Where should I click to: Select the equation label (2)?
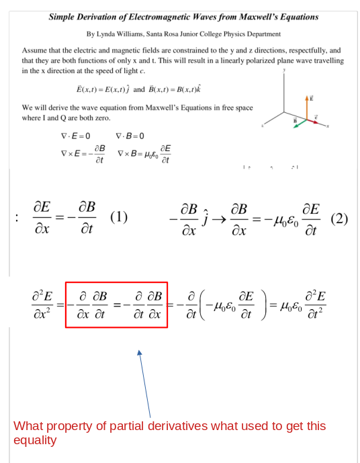click(x=340, y=218)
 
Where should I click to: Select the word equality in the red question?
click(x=35, y=441)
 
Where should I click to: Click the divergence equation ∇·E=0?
click(x=75, y=136)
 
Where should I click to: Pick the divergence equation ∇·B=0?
click(x=130, y=136)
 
